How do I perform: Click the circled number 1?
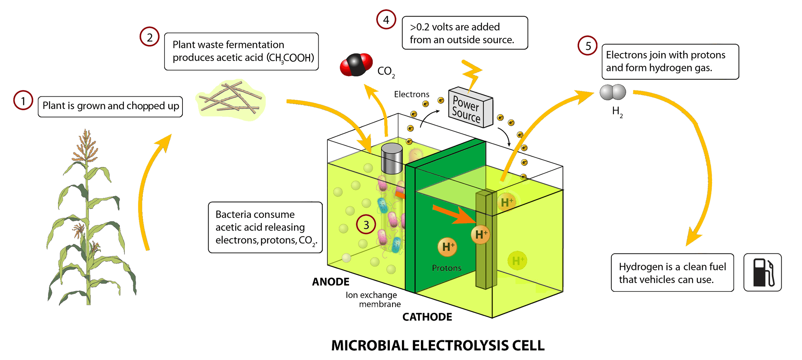[x=23, y=101]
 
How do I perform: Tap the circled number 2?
[x=149, y=37]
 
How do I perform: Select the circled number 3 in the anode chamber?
[x=366, y=224]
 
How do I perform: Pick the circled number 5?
[x=588, y=46]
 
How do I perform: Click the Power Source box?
[x=470, y=108]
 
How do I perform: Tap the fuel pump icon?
[x=762, y=272]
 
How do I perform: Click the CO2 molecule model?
[x=356, y=65]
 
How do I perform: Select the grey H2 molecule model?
[x=613, y=92]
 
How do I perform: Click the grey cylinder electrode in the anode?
[x=392, y=158]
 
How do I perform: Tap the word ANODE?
[x=331, y=282]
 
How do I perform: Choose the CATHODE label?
[x=427, y=317]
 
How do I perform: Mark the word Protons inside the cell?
[x=447, y=268]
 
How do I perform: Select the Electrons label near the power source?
[x=411, y=94]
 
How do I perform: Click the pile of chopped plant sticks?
[x=231, y=99]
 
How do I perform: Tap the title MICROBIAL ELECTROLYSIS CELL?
[x=438, y=345]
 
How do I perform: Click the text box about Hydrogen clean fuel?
[x=672, y=273]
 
